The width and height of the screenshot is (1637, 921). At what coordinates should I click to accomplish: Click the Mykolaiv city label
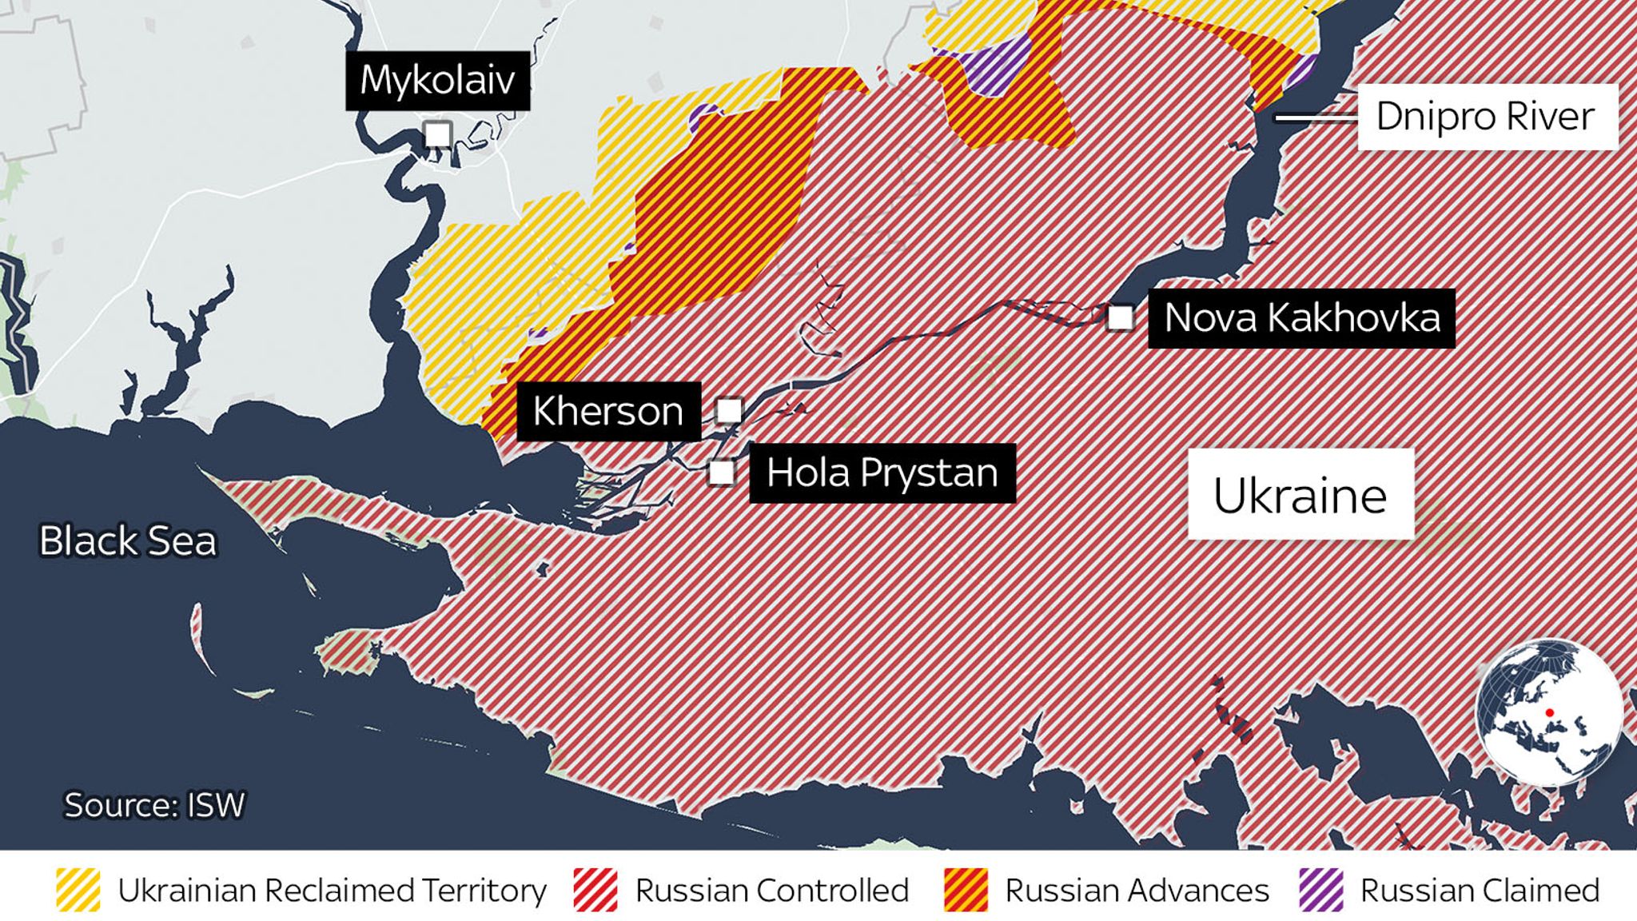coord(437,80)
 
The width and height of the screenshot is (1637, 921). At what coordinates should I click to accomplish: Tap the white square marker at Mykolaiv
coord(437,134)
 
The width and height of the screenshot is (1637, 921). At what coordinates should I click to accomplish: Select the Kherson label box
coord(608,412)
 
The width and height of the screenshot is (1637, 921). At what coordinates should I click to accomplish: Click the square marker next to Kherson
coord(729,410)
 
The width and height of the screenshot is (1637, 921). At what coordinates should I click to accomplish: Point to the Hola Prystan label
coord(882,473)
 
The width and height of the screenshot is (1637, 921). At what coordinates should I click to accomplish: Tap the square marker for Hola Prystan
coord(722,472)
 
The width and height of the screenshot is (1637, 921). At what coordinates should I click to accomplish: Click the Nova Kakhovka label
coord(1301,318)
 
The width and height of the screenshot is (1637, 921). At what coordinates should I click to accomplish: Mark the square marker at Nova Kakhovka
coord(1121,318)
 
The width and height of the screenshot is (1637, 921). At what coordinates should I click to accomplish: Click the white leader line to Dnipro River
coord(1316,118)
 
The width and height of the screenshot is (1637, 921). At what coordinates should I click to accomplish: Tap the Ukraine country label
coord(1300,496)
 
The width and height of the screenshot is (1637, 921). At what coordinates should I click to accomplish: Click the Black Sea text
coord(128,541)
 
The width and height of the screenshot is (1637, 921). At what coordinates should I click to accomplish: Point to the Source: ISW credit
coord(154,805)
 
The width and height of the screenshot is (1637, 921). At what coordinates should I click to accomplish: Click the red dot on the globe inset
coord(1549,712)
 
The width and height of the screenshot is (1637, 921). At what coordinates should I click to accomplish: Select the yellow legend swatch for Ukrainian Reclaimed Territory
coord(78,890)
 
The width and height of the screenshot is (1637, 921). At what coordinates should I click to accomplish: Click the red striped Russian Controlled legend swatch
coord(595,890)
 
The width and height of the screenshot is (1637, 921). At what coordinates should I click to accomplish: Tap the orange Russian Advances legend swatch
coord(966,890)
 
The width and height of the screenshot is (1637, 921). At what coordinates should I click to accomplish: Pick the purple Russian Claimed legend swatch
coord(1321,890)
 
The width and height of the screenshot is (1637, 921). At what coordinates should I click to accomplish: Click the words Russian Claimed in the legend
coord(1480,890)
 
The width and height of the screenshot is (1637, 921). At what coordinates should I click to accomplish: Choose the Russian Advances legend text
coord(1137,890)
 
